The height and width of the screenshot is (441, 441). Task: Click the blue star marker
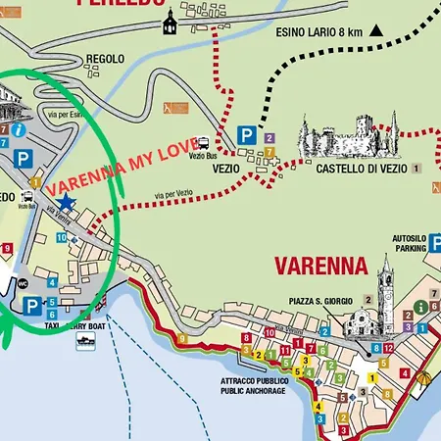click(65, 202)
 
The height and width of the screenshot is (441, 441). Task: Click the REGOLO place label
click(105, 59)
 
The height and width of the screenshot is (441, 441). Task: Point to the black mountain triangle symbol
click(375, 31)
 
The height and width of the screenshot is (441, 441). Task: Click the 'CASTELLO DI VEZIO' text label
click(356, 169)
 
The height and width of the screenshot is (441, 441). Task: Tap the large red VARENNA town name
click(319, 266)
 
